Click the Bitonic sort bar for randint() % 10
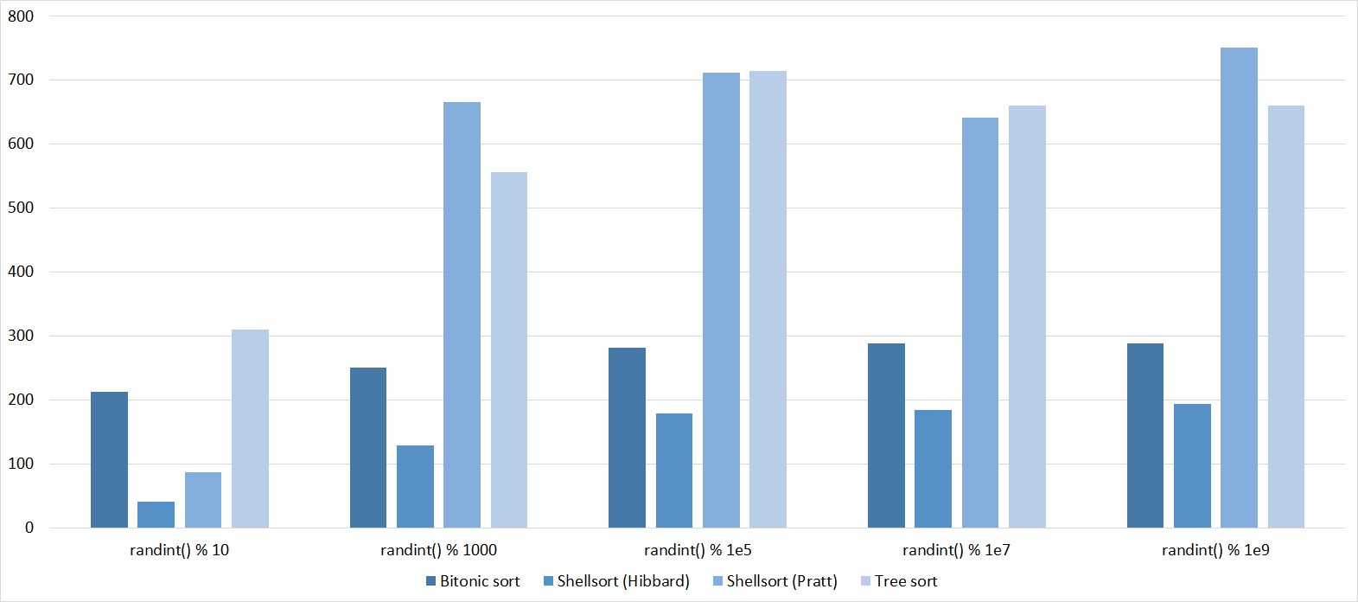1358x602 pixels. coord(109,459)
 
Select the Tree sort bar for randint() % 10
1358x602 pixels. coord(250,428)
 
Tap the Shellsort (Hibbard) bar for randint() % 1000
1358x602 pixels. coord(415,486)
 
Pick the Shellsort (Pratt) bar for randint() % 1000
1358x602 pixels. coord(462,315)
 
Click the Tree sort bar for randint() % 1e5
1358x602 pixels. coord(768,299)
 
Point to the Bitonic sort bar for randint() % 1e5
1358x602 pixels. coord(627,438)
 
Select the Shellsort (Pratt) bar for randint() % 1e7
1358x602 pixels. coord(980,323)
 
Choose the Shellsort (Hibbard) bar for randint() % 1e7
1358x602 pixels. coord(933,469)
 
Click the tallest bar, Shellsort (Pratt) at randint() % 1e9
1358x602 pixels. coord(1239,287)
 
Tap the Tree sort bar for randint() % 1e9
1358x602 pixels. coord(1286,317)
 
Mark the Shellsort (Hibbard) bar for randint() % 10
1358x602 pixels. coord(156,515)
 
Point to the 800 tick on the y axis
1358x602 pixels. coord(21,16)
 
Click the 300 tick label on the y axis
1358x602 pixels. coord(21,336)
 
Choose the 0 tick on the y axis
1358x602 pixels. coord(29,528)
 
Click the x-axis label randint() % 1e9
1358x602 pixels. coord(1215,550)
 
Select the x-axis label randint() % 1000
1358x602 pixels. coord(438,550)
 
